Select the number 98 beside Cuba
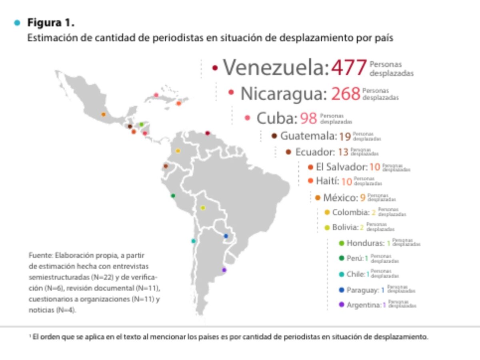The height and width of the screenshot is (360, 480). coord(308,118)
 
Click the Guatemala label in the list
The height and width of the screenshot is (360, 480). coord(308,136)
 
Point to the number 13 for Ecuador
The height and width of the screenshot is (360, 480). coord(343,152)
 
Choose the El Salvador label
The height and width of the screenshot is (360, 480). coord(341,167)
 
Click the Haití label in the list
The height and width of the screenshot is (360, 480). coord(327,181)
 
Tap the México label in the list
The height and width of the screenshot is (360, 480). coord(340,198)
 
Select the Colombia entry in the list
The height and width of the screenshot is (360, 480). coord(350,212)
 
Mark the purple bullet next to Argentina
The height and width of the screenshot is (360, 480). coord(341,305)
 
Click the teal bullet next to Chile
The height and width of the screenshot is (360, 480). coord(341,274)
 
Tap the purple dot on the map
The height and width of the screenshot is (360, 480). coord(224,270)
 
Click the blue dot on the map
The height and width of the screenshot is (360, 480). coord(226,236)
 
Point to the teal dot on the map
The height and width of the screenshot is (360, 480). coord(193,241)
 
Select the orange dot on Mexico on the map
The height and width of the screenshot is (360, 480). coord(103,114)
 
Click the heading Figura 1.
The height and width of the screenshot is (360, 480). coord(50,23)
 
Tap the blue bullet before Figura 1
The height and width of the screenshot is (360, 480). coord(17,23)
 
